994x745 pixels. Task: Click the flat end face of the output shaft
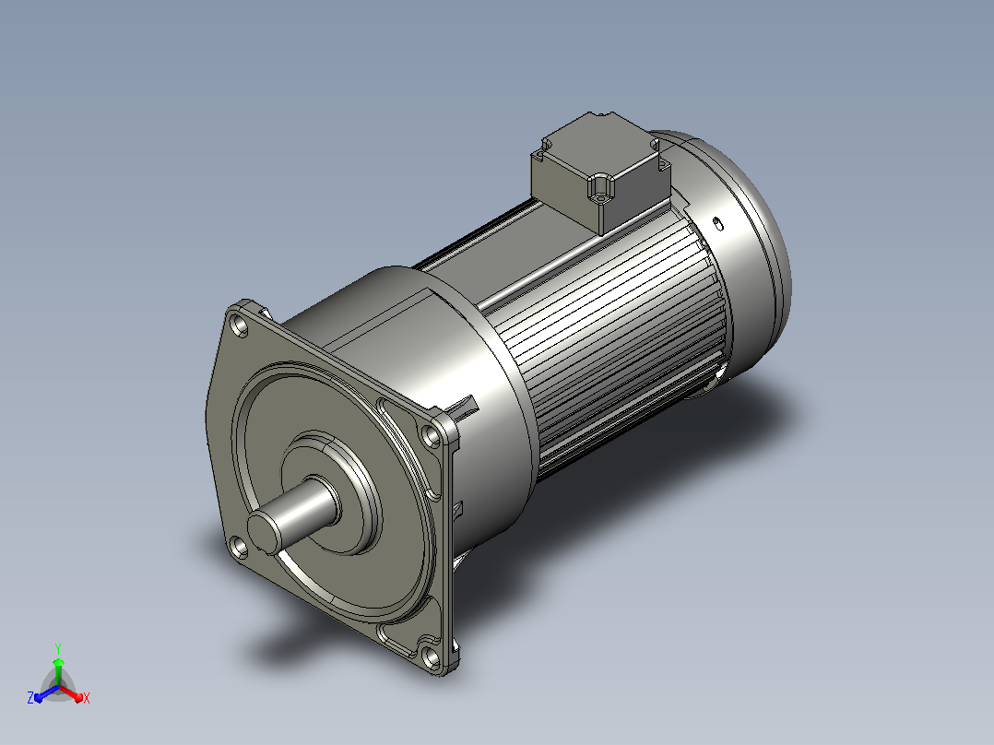264,531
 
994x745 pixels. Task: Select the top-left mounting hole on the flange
241,326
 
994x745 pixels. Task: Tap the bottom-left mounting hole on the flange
238,548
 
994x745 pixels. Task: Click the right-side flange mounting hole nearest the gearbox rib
432,437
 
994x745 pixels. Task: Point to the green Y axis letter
58,648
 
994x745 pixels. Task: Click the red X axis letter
87,698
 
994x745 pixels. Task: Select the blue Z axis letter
30,698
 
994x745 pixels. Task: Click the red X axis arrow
71,693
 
